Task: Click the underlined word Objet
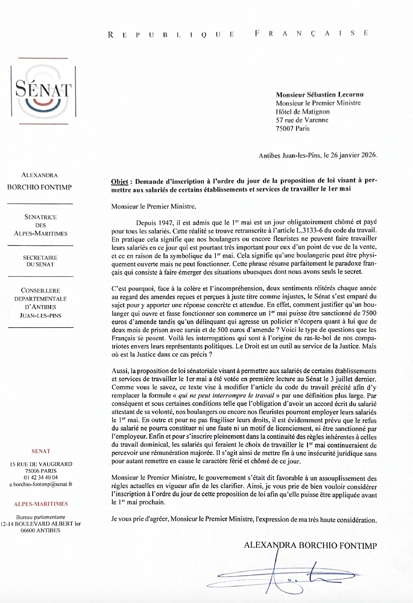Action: (x=119, y=181)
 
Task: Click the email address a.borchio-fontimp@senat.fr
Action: (x=40, y=484)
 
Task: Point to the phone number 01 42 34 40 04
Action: (x=40, y=477)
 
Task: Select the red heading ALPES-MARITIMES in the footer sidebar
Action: (x=41, y=504)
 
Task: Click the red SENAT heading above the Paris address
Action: (x=41, y=451)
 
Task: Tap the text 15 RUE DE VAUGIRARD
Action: (x=40, y=464)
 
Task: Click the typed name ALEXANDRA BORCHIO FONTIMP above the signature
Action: (x=310, y=546)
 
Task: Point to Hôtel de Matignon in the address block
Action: (x=303, y=112)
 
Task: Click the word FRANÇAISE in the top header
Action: (x=312, y=34)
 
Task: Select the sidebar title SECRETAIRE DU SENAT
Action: (x=40, y=261)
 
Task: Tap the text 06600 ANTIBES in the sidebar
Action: (x=40, y=531)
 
